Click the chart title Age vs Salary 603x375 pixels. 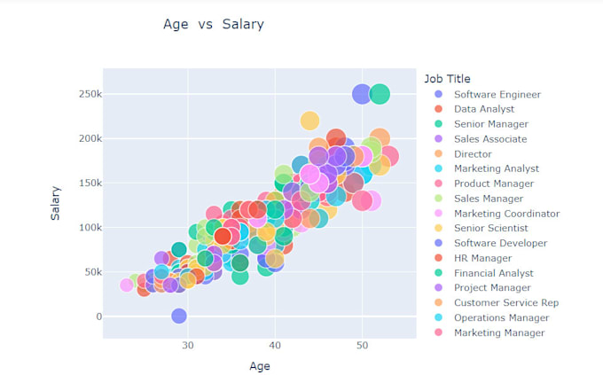(x=214, y=24)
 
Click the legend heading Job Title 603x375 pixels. (x=447, y=79)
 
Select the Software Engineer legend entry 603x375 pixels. (x=497, y=94)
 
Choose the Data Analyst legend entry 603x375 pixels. (x=483, y=109)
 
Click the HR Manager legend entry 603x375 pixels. (x=482, y=258)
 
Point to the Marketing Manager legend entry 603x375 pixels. (x=499, y=333)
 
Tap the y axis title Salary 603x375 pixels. (x=55, y=205)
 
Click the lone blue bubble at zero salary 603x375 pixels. (x=179, y=316)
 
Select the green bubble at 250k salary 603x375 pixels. (x=380, y=94)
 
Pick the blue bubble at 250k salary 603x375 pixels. (x=361, y=94)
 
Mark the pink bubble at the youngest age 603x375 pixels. (x=127, y=285)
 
